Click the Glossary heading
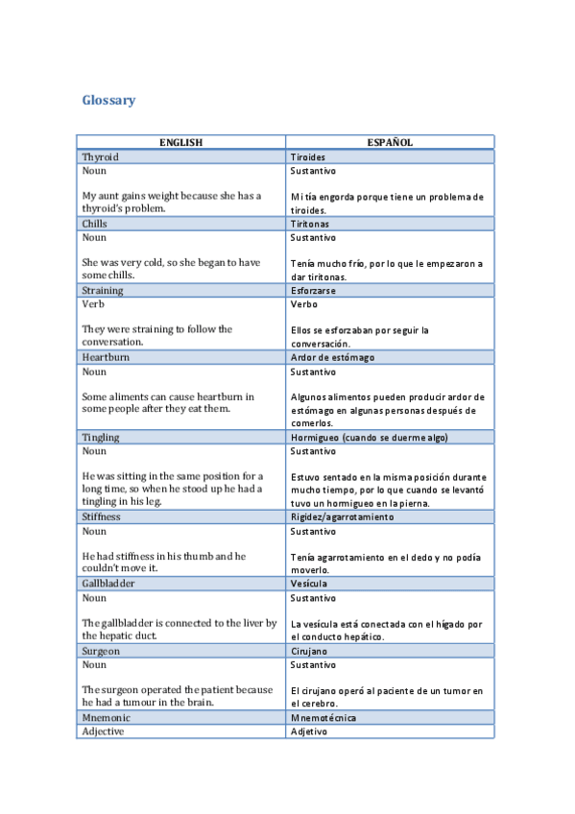click(x=108, y=100)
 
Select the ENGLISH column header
click(x=180, y=142)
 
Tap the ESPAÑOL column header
click(x=390, y=142)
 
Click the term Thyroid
click(x=101, y=156)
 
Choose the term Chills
click(x=95, y=224)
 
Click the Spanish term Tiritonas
click(x=311, y=224)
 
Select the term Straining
click(x=103, y=290)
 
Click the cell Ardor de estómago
click(x=332, y=357)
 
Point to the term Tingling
click(x=101, y=437)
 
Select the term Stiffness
click(x=102, y=516)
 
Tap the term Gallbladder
click(x=108, y=583)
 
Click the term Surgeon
click(x=101, y=650)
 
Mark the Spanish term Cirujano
click(x=309, y=650)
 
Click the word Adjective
click(x=104, y=731)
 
